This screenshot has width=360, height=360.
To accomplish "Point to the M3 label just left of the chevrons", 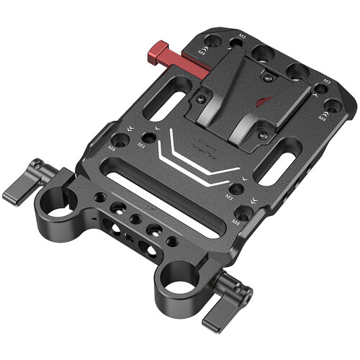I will coord(141,146).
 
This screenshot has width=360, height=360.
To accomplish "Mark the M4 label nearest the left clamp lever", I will coord(112,148).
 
